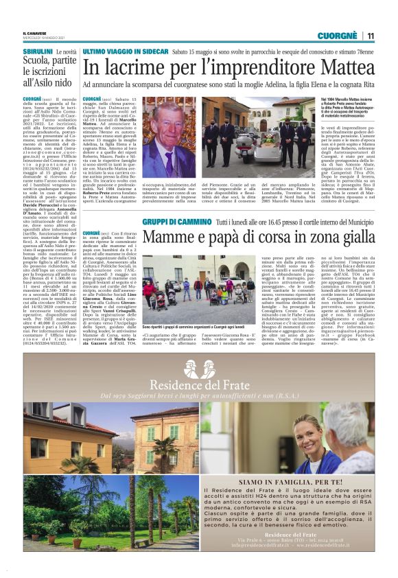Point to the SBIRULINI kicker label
(38, 52)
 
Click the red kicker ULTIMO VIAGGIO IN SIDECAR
(124, 51)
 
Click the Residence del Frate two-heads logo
(199, 367)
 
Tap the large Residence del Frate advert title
(199, 385)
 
